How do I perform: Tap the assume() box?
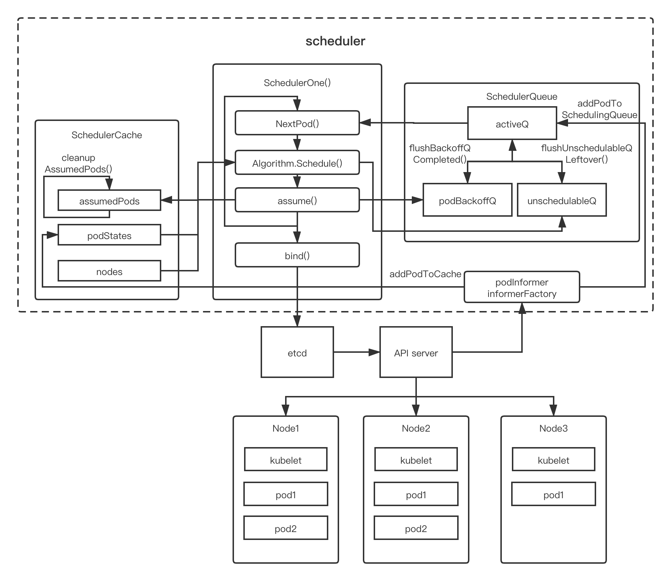297,200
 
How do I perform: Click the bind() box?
297,255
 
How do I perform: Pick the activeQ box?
512,123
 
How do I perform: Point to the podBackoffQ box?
467,200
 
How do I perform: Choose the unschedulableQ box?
562,200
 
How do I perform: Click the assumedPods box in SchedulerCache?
109,201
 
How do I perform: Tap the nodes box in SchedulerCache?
109,271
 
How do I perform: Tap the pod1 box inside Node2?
416,494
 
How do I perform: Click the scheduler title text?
335,41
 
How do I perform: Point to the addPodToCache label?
425,274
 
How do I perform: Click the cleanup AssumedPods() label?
78,163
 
